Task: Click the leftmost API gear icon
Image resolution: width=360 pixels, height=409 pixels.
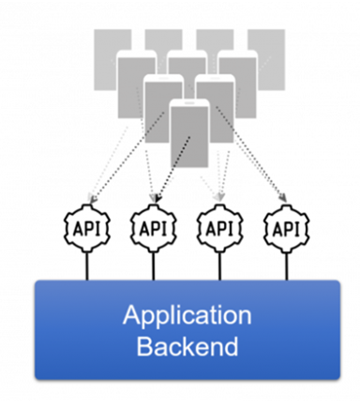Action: (x=87, y=228)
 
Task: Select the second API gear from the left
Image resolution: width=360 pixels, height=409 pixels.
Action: (x=154, y=228)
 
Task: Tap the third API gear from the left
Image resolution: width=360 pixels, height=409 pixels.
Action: (x=220, y=228)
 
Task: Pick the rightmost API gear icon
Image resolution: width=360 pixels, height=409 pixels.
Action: (x=287, y=228)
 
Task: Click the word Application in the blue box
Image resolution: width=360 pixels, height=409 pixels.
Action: (x=187, y=316)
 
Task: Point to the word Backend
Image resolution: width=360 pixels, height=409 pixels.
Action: (x=187, y=346)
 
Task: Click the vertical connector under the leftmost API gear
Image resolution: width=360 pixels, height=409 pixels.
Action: (x=87, y=266)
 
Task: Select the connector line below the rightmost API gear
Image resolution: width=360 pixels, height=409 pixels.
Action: (x=287, y=266)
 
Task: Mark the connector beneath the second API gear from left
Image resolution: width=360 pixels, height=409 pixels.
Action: (x=154, y=266)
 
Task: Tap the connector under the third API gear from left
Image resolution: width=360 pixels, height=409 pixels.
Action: (x=220, y=266)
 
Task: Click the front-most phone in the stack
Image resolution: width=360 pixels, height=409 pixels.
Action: (x=189, y=134)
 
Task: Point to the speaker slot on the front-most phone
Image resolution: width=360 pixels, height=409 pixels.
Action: (x=189, y=102)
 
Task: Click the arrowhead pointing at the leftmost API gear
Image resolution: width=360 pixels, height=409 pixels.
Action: (x=92, y=198)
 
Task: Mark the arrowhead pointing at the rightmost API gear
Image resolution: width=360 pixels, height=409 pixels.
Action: (x=283, y=198)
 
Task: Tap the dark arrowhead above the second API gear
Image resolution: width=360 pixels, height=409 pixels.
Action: (x=158, y=198)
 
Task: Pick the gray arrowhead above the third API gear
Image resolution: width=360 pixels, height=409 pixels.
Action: (x=220, y=197)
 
